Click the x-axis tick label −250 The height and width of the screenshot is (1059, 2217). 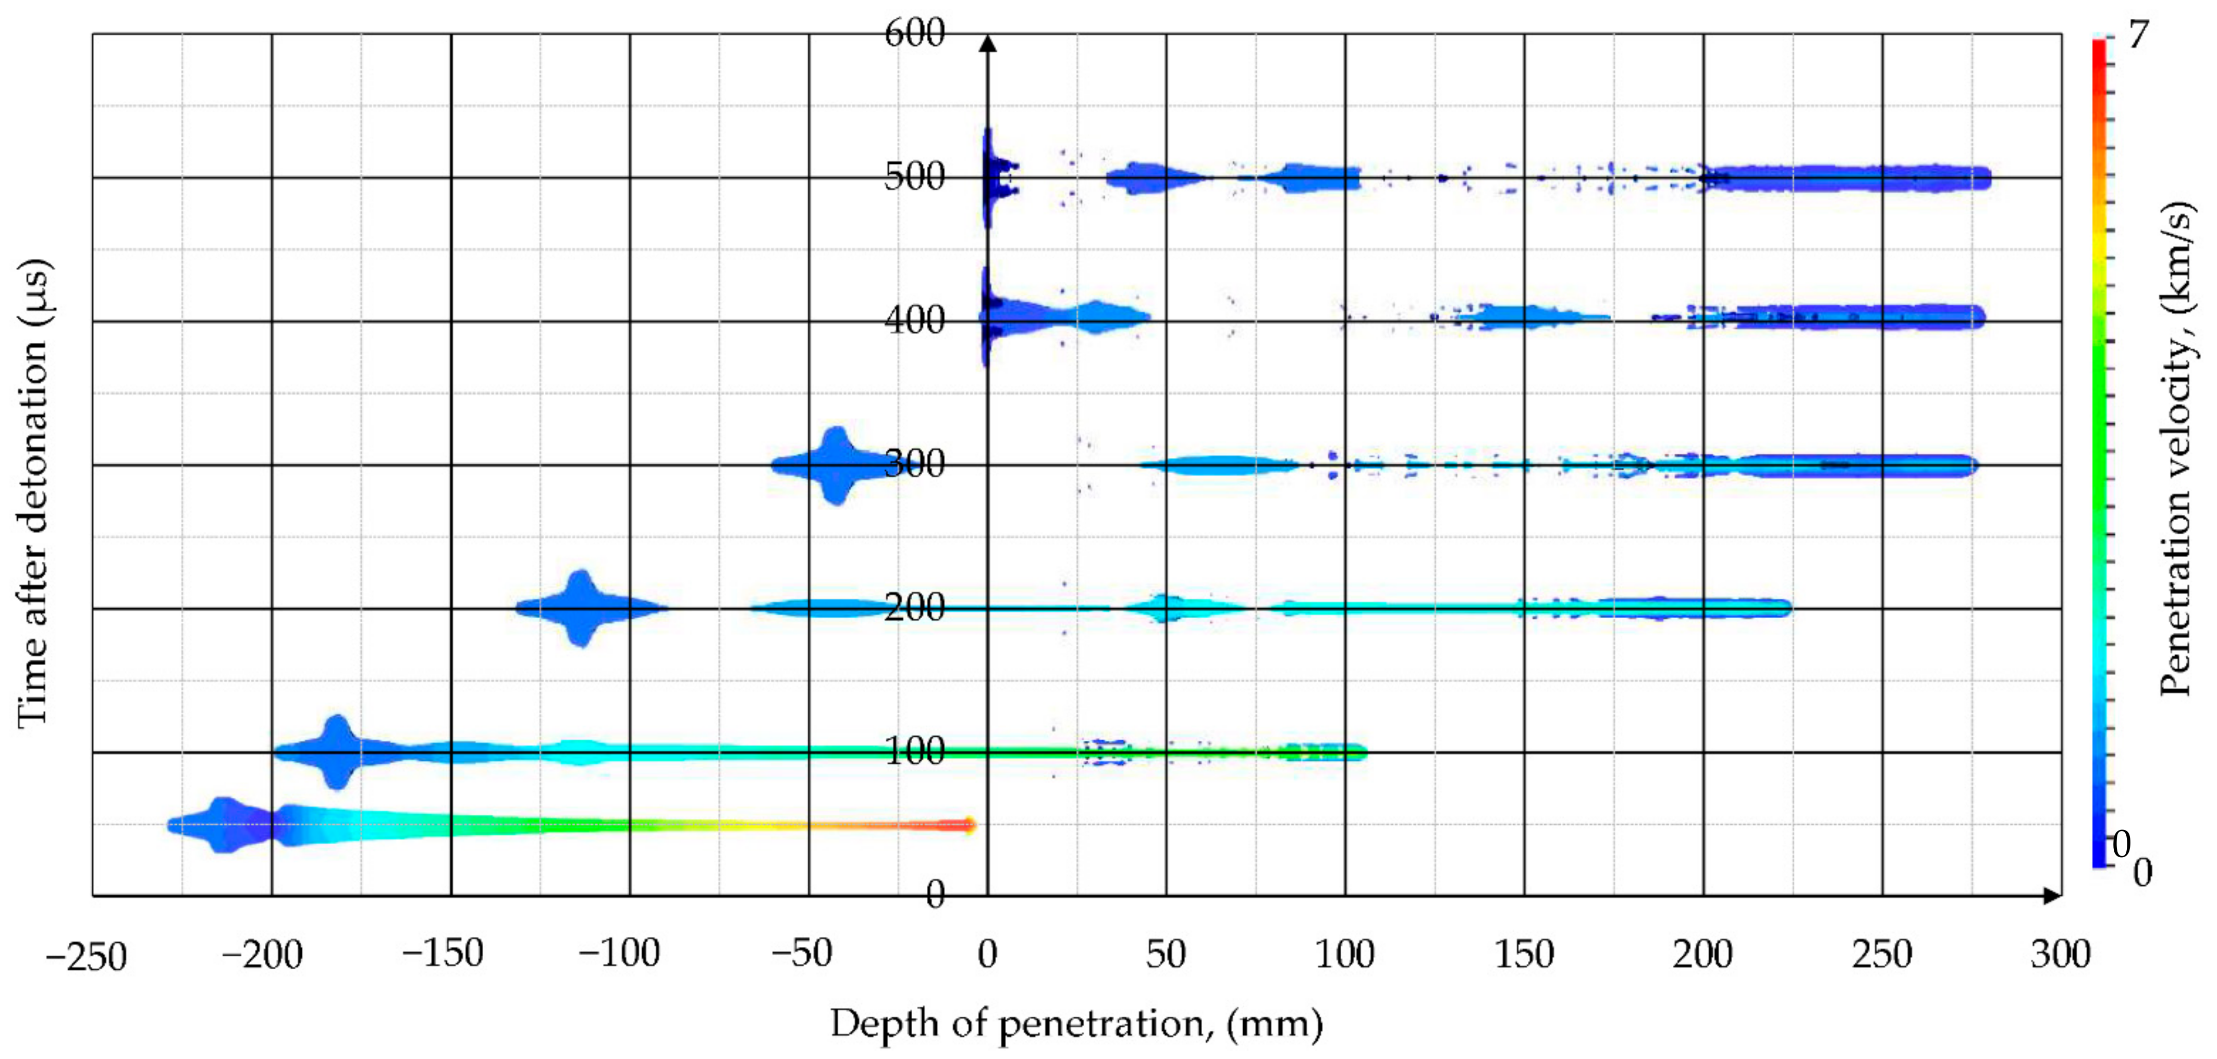(x=86, y=956)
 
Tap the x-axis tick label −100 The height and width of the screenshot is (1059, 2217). (x=620, y=954)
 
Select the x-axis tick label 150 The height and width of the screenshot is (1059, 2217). (x=1523, y=954)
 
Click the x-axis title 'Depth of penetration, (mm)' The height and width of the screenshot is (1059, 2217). (x=1076, y=1024)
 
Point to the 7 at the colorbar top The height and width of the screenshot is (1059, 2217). (x=2138, y=36)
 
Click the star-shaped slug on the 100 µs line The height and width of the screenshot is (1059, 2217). (x=337, y=752)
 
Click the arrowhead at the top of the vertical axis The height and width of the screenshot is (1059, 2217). (x=988, y=43)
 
